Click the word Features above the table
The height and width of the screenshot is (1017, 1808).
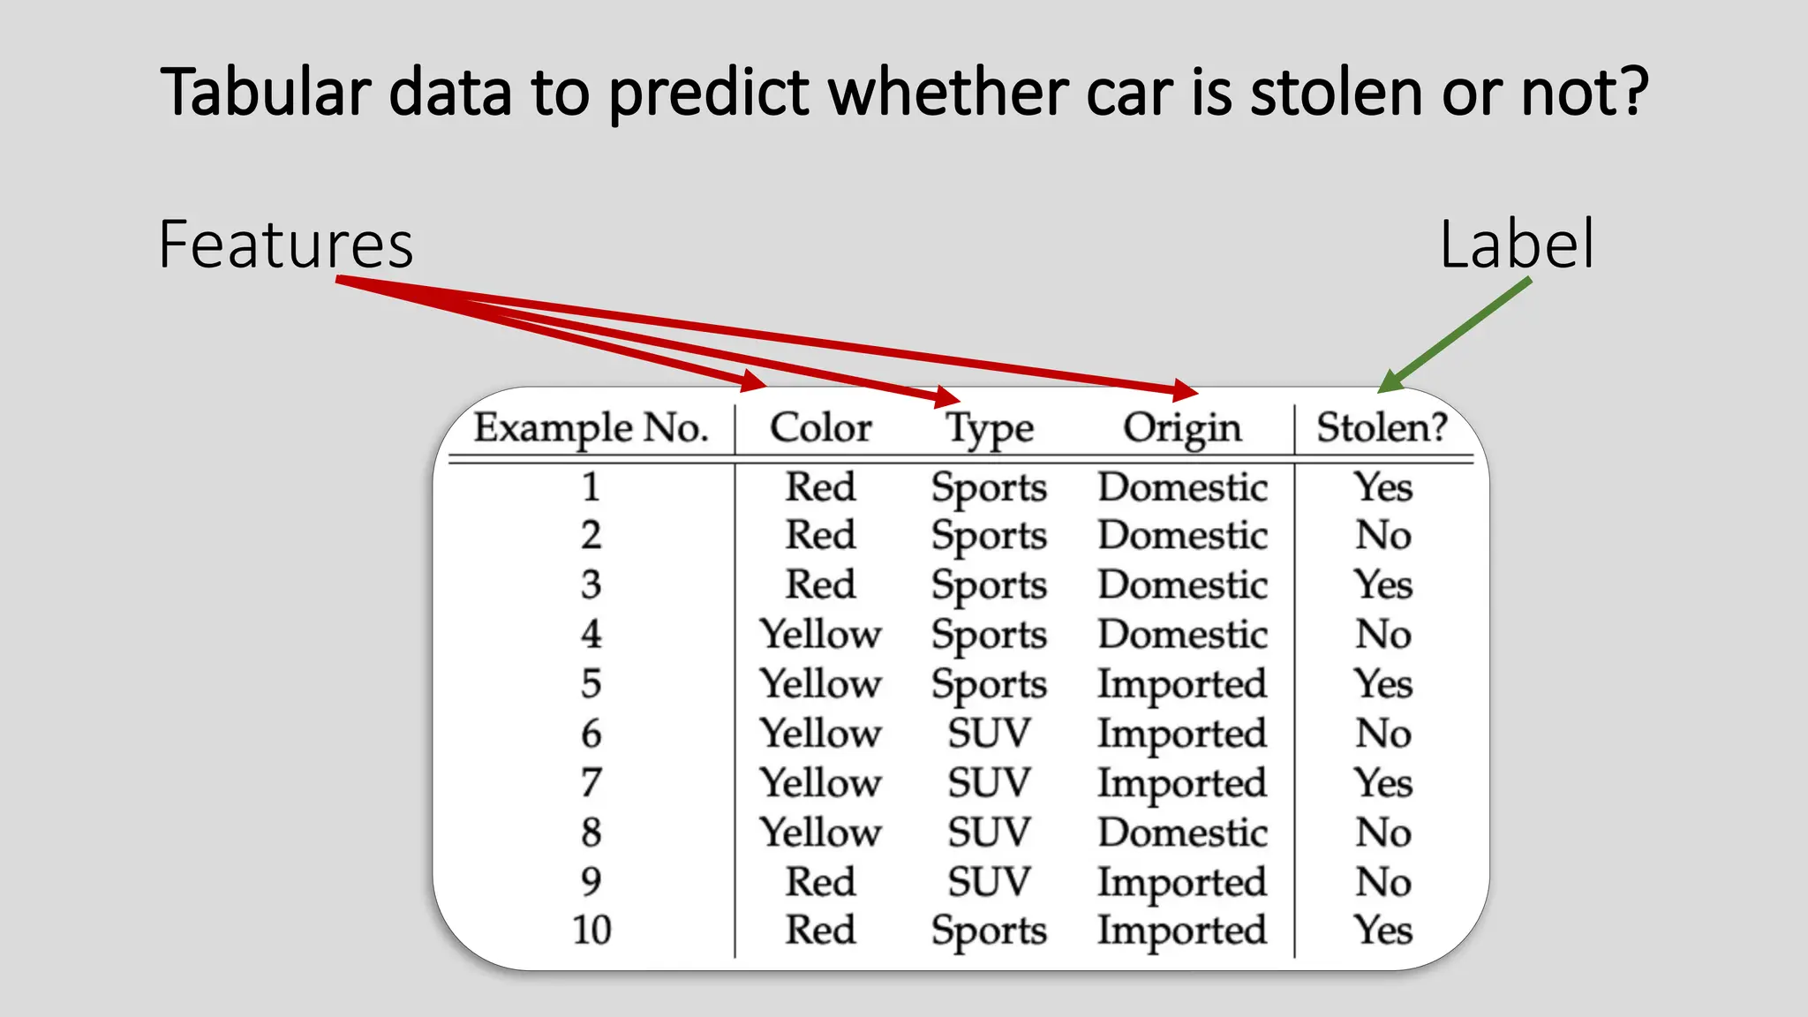pyautogui.click(x=286, y=245)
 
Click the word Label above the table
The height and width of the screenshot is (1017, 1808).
pyautogui.click(x=1517, y=245)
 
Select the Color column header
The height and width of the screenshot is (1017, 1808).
pyautogui.click(x=820, y=428)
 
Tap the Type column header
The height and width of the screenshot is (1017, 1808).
pyautogui.click(x=989, y=430)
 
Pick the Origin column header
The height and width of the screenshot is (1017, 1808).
pyautogui.click(x=1182, y=429)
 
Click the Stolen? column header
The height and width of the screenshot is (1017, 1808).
pyautogui.click(x=1382, y=428)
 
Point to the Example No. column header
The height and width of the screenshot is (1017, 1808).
pyautogui.click(x=591, y=428)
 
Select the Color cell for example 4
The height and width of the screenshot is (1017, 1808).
pyautogui.click(x=820, y=634)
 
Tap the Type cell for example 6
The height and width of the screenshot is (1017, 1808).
pyautogui.click(x=989, y=733)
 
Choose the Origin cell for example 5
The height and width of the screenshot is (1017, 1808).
pyautogui.click(x=1182, y=684)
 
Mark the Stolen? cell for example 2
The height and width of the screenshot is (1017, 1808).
pyautogui.click(x=1383, y=535)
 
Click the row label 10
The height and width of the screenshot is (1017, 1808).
pyautogui.click(x=591, y=930)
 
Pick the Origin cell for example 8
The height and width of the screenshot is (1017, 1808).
pyautogui.click(x=1182, y=832)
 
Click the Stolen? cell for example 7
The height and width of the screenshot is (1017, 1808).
pyautogui.click(x=1383, y=783)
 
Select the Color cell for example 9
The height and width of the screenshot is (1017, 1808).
pyautogui.click(x=820, y=882)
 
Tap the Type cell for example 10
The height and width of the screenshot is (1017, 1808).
pyautogui.click(x=989, y=930)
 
